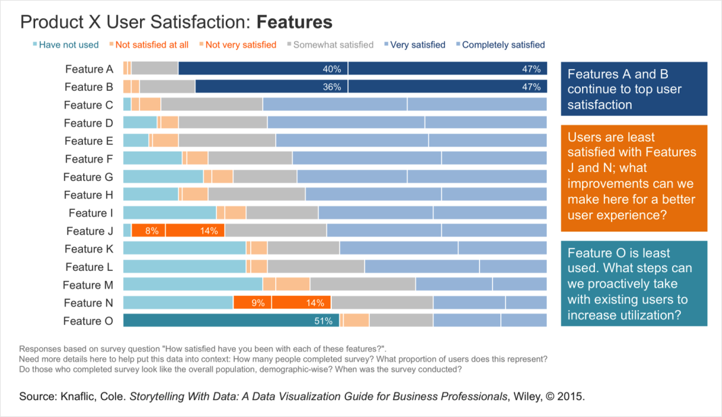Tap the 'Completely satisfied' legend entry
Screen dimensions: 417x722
click(x=503, y=45)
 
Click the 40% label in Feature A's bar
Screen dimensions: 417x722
click(x=331, y=69)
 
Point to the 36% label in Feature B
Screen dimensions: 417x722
click(x=331, y=87)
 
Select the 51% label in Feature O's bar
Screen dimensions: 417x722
click(x=324, y=321)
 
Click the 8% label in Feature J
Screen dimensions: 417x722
click(x=152, y=231)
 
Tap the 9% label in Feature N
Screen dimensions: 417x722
click(x=258, y=303)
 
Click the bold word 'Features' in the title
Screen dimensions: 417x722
click(x=295, y=22)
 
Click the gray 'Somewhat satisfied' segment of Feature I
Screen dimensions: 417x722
click(x=282, y=213)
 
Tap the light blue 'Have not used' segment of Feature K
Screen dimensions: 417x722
click(x=184, y=248)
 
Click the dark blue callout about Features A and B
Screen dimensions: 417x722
click(x=633, y=89)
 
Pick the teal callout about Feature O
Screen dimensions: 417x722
click(x=633, y=284)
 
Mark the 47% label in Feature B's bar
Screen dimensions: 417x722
click(x=531, y=87)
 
